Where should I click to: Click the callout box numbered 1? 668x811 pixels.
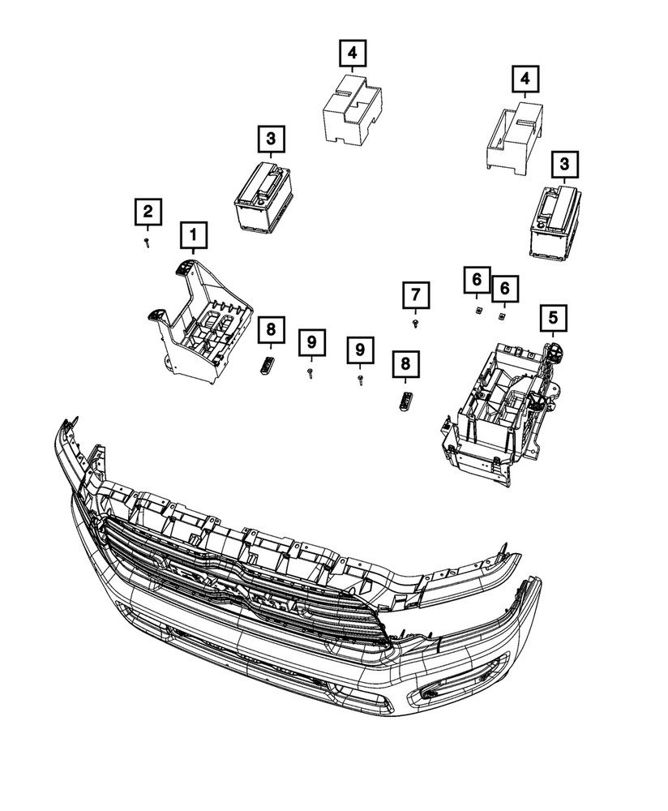193,235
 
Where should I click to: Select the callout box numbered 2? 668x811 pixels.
148,212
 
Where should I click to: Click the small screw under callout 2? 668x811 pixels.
147,242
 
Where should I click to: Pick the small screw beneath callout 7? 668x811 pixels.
415,323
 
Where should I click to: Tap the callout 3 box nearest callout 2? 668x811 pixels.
271,139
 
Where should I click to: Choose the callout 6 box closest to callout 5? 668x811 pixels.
504,287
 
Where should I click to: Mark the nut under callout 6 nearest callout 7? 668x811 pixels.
477,308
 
